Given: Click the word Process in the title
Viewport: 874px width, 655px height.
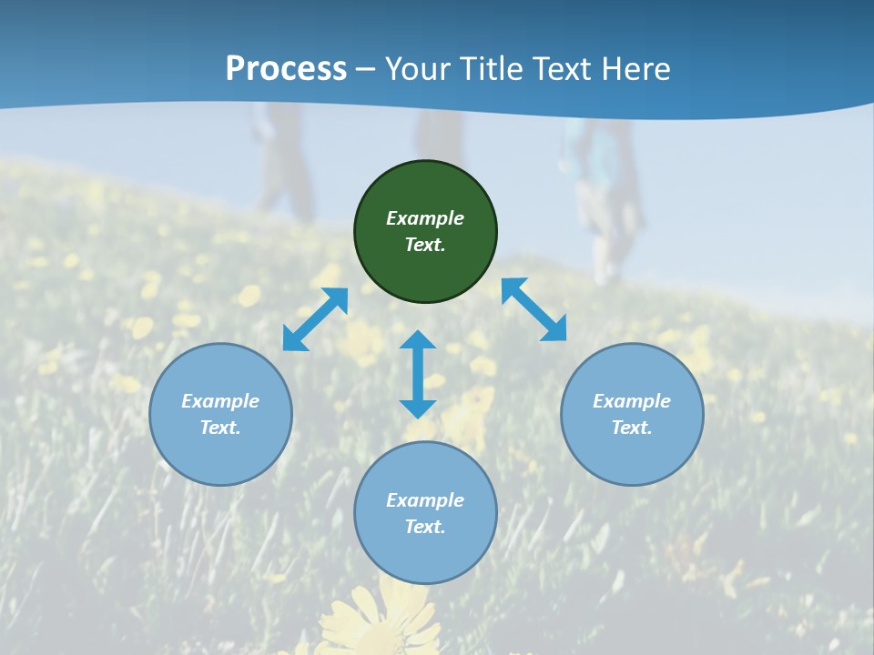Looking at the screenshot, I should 286,68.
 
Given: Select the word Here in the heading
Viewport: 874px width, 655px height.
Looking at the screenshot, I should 635,68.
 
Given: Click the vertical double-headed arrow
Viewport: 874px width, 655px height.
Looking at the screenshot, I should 418,375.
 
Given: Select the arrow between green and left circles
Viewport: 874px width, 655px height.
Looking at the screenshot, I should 315,319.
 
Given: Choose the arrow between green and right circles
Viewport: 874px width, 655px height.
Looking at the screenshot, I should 534,309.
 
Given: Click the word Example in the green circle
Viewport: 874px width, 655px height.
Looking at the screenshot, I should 425,218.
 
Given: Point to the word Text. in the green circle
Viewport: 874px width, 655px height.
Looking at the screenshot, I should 425,245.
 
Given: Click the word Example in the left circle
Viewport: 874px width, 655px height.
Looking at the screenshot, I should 220,401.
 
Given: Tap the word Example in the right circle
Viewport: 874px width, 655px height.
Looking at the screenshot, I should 632,401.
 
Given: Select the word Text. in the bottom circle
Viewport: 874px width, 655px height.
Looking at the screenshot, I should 425,527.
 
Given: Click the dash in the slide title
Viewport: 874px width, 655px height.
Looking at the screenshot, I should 366,69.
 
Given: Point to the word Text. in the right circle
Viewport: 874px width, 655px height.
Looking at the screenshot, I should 632,428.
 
